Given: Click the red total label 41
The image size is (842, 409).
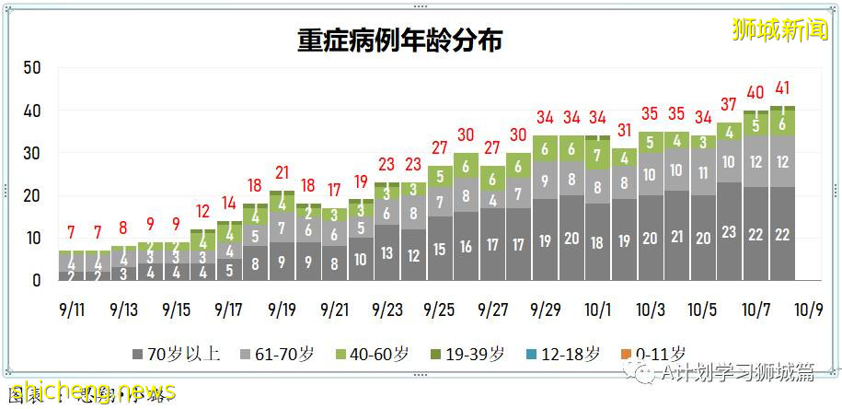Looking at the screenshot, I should pyautogui.click(x=782, y=89).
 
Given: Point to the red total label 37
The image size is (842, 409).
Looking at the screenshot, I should pyautogui.click(x=729, y=105).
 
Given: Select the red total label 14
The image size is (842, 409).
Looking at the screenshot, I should pyautogui.click(x=228, y=203).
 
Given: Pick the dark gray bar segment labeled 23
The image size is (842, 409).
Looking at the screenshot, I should pyautogui.click(x=729, y=232).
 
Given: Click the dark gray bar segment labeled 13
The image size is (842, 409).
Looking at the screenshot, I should pyautogui.click(x=386, y=252).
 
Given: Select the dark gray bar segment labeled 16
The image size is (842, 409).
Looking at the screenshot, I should pyautogui.click(x=467, y=246).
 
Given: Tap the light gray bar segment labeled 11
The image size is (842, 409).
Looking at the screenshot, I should pyautogui.click(x=703, y=172).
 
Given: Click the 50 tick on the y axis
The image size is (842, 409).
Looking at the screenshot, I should pyautogui.click(x=32, y=68).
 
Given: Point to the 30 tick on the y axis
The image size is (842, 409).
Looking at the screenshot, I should pyautogui.click(x=32, y=153).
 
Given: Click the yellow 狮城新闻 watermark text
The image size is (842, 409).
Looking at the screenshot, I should pyautogui.click(x=779, y=29).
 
